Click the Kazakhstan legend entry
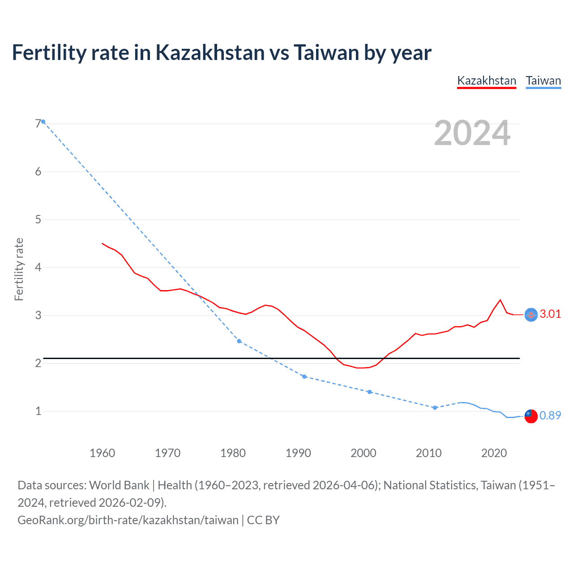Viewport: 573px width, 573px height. click(487, 81)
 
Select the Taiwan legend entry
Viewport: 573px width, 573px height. click(543, 81)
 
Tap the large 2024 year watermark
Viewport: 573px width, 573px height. click(472, 133)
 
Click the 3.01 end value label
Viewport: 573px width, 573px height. click(550, 314)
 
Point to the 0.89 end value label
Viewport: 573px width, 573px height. click(550, 415)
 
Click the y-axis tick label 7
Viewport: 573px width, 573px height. click(38, 124)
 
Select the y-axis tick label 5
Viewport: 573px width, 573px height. click(38, 219)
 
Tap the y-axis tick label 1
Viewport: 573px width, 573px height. click(38, 411)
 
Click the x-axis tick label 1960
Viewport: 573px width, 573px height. click(103, 453)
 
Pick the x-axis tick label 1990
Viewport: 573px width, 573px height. click(298, 453)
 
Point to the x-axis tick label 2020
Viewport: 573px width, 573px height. click(494, 453)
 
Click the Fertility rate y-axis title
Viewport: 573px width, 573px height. click(19, 269)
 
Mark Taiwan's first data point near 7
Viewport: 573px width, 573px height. click(43, 122)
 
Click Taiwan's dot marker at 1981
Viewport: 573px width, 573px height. click(239, 341)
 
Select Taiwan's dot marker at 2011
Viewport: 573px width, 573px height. click(435, 408)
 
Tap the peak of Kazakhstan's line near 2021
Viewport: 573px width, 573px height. click(500, 300)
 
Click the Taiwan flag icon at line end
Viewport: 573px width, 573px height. click(531, 416)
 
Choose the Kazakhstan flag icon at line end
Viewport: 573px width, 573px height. click(531, 315)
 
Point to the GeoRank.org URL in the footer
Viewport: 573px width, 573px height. click(128, 520)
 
